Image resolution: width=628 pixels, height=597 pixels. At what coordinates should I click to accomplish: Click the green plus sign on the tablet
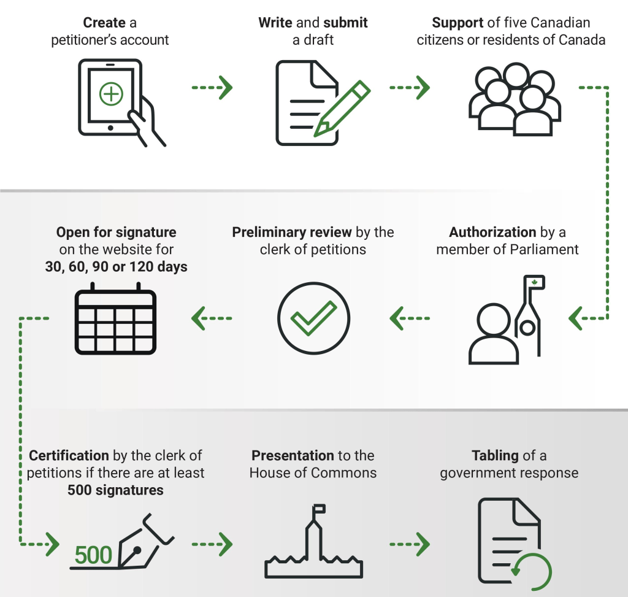(111, 94)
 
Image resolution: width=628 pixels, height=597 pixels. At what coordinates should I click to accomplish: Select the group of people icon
(515, 101)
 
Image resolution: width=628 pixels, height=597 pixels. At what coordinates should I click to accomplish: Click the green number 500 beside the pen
(93, 556)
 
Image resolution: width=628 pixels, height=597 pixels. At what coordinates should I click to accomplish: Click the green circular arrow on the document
(532, 571)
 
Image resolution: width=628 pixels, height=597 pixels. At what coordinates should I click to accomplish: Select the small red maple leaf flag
(534, 282)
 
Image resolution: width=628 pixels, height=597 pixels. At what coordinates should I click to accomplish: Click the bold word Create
(104, 23)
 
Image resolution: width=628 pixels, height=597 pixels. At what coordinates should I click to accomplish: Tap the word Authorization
(492, 233)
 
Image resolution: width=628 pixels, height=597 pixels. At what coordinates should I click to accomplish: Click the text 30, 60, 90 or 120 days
(116, 268)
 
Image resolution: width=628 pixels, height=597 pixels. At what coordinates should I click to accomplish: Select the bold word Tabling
(495, 456)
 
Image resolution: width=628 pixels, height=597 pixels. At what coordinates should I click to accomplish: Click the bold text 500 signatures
(115, 490)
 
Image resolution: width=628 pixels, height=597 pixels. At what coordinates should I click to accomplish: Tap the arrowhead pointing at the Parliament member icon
(575, 318)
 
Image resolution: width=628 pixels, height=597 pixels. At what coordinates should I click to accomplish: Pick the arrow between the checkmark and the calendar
(212, 318)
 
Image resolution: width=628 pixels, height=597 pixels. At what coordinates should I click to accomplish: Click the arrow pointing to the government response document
(410, 544)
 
